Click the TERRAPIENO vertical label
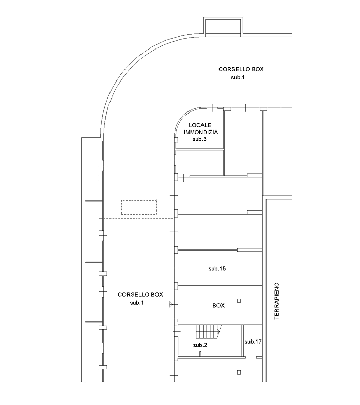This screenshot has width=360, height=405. click(x=277, y=301)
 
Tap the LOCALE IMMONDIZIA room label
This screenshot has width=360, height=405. click(x=201, y=128)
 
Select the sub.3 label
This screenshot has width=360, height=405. click(x=199, y=139)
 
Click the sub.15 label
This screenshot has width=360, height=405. click(x=217, y=269)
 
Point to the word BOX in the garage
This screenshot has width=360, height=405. click(x=218, y=306)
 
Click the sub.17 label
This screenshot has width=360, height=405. click(x=253, y=342)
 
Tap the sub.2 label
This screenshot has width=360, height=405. click(x=200, y=345)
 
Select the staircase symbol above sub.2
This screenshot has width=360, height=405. click(x=209, y=331)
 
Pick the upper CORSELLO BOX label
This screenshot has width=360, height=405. click(x=241, y=69)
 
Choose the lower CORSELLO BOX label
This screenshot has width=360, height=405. click(x=140, y=295)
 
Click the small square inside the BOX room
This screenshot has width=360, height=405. click(x=239, y=301)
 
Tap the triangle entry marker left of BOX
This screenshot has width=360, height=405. click(x=170, y=304)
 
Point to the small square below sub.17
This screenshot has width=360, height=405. click(x=239, y=372)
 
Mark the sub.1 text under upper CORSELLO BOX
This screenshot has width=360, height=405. click(x=238, y=77)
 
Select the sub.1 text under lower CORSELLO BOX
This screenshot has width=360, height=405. click(x=136, y=303)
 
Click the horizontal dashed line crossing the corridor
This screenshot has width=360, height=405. click(x=138, y=219)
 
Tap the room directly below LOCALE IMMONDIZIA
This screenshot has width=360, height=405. click(x=199, y=163)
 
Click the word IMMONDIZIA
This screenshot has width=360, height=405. click(x=201, y=132)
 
